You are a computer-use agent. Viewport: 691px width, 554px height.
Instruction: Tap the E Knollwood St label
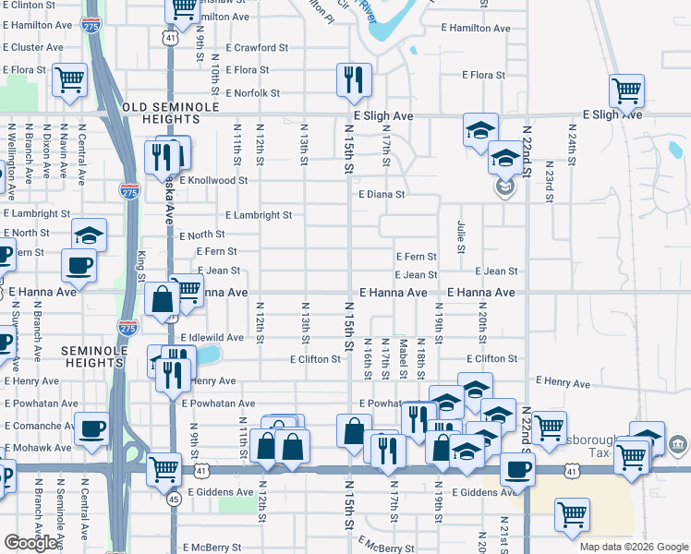[213, 181]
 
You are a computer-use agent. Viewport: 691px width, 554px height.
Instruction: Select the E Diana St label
[382, 195]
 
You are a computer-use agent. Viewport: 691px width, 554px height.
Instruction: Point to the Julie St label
[459, 235]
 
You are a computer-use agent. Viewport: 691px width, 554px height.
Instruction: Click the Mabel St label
[404, 360]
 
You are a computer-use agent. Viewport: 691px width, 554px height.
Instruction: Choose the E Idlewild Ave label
[212, 338]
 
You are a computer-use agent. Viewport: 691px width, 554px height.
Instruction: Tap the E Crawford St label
[257, 47]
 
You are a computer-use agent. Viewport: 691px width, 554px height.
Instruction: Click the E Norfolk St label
[244, 93]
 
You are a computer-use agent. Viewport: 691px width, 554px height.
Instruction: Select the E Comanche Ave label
[41, 426]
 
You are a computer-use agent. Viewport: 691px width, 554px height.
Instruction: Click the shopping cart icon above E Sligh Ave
[626, 90]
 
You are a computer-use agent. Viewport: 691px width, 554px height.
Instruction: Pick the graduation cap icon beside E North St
[89, 235]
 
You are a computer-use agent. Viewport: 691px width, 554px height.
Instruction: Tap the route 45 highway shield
[174, 500]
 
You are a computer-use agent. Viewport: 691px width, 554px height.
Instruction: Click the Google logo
[30, 543]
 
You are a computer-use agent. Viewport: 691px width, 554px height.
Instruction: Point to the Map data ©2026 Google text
[634, 547]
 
